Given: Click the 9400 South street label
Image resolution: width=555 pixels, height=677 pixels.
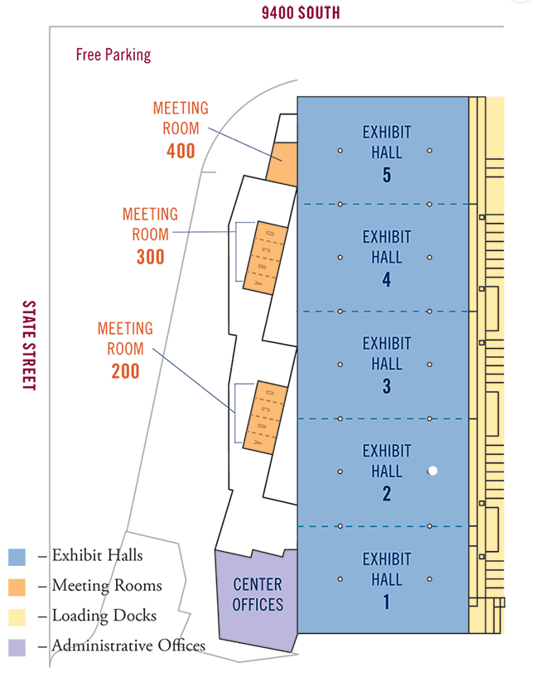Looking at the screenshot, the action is pyautogui.click(x=301, y=12).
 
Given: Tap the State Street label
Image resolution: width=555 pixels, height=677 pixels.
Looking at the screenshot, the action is pyautogui.click(x=29, y=346).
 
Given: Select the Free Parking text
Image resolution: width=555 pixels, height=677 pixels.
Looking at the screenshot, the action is pyautogui.click(x=113, y=55).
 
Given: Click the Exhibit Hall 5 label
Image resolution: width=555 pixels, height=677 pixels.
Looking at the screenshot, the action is pyautogui.click(x=387, y=153).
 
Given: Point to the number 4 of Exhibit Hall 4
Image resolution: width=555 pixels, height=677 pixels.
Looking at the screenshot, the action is pyautogui.click(x=387, y=280).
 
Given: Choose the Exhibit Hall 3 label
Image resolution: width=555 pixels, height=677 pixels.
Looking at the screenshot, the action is pyautogui.click(x=387, y=365).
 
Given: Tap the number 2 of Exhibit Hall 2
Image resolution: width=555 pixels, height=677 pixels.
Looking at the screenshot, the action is pyautogui.click(x=387, y=494).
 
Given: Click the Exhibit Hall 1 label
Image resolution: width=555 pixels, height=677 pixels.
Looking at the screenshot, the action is pyautogui.click(x=387, y=580).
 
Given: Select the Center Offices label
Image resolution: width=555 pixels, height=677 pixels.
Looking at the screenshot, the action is pyautogui.click(x=258, y=594).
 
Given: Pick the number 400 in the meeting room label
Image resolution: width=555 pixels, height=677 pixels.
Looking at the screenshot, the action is pyautogui.click(x=181, y=151).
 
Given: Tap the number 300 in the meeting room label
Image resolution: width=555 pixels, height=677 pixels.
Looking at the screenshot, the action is pyautogui.click(x=151, y=257).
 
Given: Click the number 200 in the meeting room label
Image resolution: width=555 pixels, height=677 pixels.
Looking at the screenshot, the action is pyautogui.click(x=126, y=371).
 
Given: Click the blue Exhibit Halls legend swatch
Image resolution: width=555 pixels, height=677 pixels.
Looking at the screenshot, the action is pyautogui.click(x=17, y=557).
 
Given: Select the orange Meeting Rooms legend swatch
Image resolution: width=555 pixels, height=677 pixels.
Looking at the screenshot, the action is pyautogui.click(x=17, y=588).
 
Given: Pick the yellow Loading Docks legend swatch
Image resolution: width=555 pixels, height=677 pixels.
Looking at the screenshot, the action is pyautogui.click(x=17, y=617).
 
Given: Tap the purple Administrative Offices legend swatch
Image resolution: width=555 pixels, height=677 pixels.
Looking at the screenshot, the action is pyautogui.click(x=17, y=648).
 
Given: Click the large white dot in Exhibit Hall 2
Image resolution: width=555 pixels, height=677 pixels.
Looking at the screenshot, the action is pyautogui.click(x=433, y=471).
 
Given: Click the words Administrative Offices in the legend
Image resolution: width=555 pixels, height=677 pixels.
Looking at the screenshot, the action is pyautogui.click(x=128, y=646).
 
